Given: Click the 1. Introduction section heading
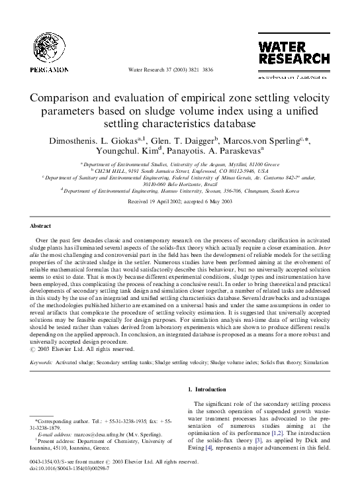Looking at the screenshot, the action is point(208,389).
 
